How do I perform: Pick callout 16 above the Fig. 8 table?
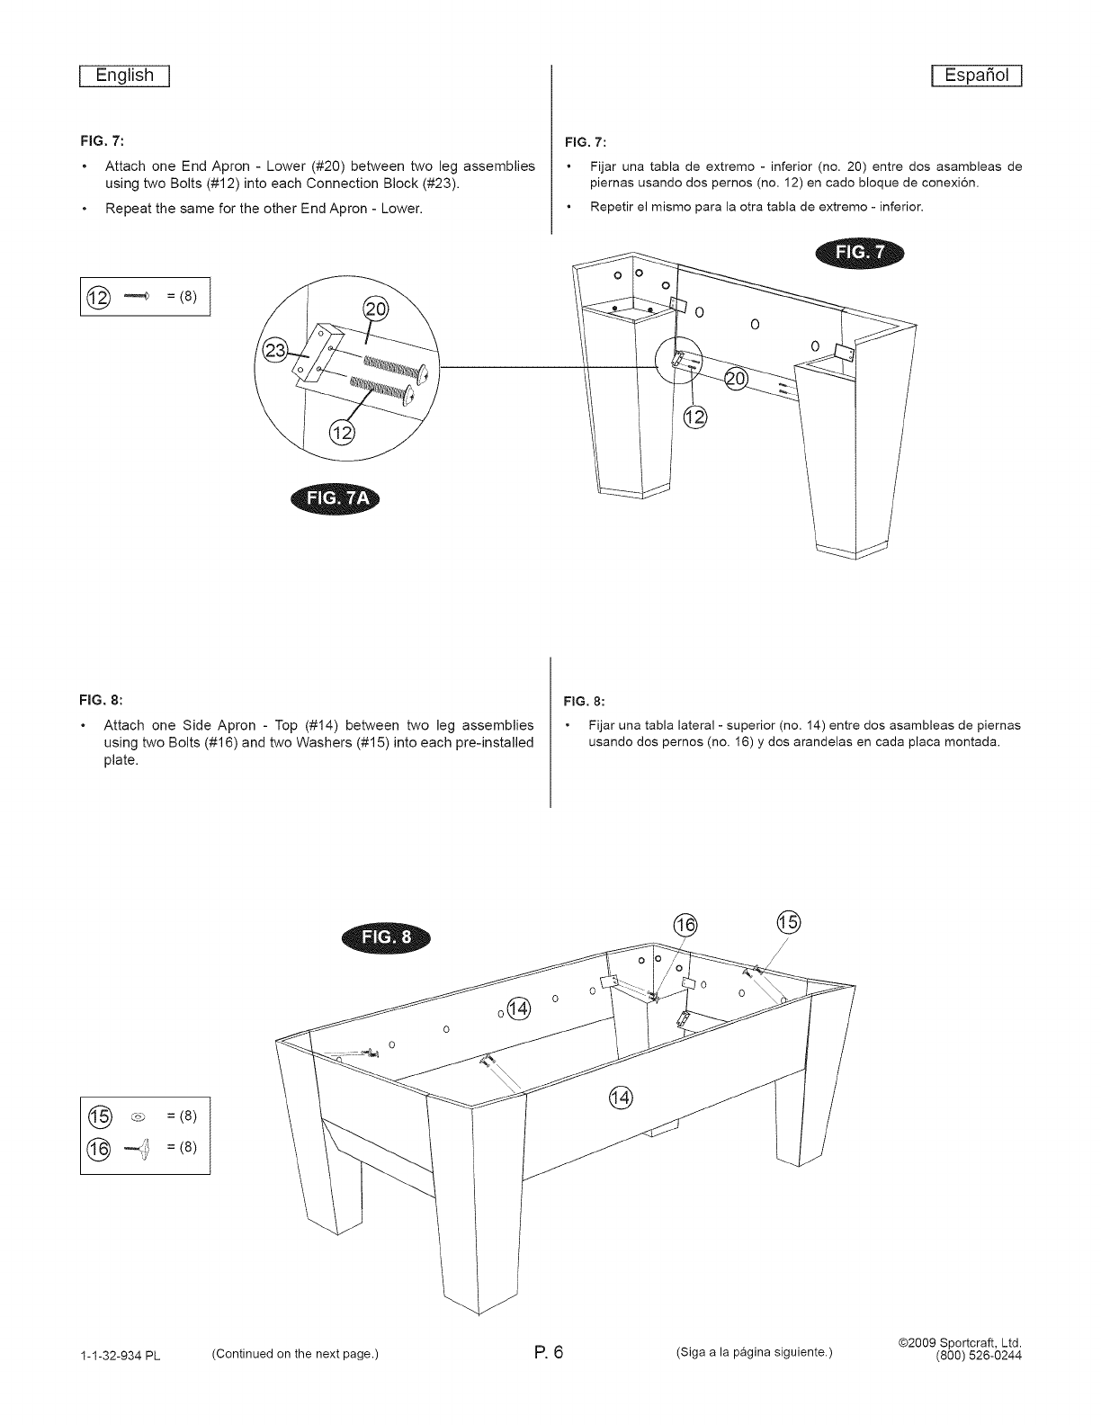tap(685, 927)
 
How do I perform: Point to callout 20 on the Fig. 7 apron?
tap(736, 380)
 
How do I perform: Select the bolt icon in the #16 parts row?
tap(136, 1147)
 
